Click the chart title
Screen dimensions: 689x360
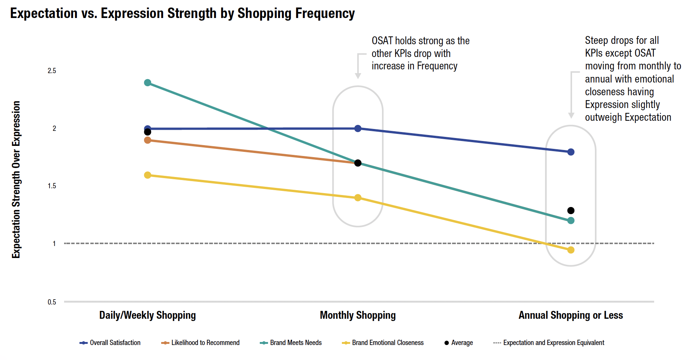182,13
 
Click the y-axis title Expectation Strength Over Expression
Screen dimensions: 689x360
16,180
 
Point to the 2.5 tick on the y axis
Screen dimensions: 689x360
52,71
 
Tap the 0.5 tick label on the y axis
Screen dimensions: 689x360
52,302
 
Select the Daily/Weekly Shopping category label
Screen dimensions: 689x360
147,315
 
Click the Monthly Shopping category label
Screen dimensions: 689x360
358,315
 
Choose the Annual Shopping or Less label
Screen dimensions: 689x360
571,315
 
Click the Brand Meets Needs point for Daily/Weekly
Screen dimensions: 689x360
148,83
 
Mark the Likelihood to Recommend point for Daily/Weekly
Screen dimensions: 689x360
148,140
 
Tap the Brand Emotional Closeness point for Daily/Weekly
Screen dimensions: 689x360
148,175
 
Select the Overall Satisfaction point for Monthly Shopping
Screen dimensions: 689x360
358,129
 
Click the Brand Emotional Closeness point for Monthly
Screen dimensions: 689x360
358,198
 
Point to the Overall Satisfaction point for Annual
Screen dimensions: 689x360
571,152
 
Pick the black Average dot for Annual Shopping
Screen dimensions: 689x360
571,211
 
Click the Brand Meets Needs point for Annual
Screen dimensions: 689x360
571,220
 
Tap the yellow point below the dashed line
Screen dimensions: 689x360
571,250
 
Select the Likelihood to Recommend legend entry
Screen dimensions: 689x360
200,343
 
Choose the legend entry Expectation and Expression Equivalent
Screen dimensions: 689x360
549,343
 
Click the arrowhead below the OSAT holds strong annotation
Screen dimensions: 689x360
358,76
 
